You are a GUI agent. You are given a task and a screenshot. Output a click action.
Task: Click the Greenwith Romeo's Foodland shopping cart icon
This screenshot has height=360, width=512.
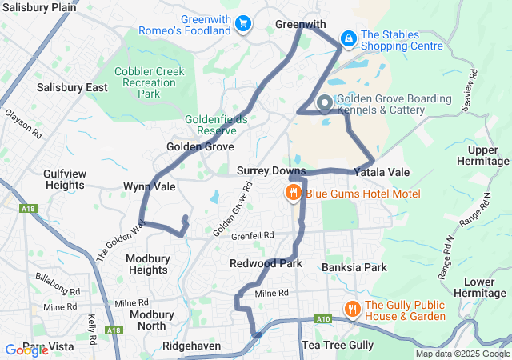click(x=243, y=25)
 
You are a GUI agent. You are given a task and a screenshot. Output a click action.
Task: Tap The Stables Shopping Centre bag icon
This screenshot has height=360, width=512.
click(x=349, y=38)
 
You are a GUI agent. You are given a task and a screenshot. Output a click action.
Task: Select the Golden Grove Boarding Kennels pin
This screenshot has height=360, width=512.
click(x=325, y=103)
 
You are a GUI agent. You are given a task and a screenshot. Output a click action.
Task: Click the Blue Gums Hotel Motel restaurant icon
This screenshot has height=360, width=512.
click(x=294, y=192)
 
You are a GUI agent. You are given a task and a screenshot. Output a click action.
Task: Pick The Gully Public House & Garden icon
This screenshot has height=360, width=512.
click(x=351, y=309)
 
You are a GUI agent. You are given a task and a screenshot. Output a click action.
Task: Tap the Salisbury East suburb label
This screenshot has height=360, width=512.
click(x=72, y=87)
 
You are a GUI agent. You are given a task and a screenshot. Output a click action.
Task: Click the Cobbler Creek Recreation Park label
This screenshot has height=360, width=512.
click(x=149, y=82)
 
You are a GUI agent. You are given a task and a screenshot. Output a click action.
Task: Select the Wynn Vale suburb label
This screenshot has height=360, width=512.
click(x=149, y=186)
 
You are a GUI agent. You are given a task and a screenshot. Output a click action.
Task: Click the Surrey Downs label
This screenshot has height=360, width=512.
click(x=271, y=171)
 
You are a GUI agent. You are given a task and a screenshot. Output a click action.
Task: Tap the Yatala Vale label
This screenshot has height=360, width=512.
click(x=381, y=172)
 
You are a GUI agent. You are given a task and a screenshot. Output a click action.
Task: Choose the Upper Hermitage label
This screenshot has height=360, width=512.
click(x=482, y=156)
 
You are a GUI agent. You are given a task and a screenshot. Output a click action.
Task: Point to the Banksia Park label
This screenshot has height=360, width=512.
click(x=355, y=267)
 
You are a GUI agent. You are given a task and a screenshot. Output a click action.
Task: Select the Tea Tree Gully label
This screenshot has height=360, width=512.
click(x=337, y=345)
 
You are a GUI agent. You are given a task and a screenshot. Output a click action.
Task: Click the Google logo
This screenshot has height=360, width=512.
click(x=26, y=350)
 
